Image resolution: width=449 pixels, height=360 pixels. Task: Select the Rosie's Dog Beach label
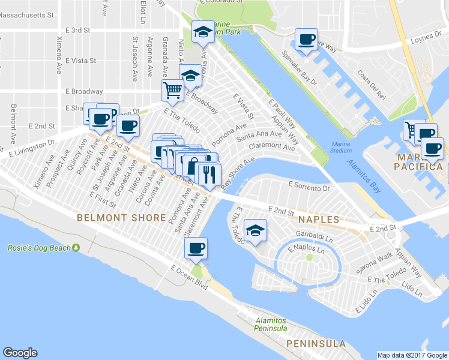click(x=35, y=248)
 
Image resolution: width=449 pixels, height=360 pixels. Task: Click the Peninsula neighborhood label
click(x=316, y=344)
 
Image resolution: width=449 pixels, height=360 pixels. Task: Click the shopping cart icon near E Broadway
click(x=172, y=91)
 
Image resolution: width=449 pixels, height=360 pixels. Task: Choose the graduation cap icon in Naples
click(x=256, y=231)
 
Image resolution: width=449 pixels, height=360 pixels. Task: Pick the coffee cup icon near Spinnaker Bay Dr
click(x=307, y=40)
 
